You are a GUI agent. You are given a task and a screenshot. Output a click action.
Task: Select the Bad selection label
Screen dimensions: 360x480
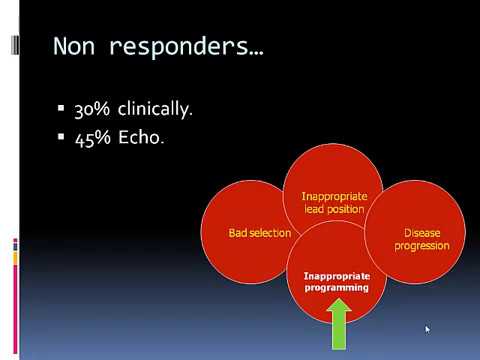[x=259, y=233]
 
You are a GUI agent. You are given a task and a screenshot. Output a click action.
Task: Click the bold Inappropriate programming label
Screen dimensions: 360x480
[x=336, y=280]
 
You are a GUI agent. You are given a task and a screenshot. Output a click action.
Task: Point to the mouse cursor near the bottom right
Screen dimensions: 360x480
[x=427, y=328]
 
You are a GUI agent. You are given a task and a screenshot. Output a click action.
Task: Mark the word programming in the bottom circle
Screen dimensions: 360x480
[x=336, y=287]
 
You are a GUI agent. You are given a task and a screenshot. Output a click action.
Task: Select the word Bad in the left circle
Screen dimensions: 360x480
[x=238, y=233]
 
